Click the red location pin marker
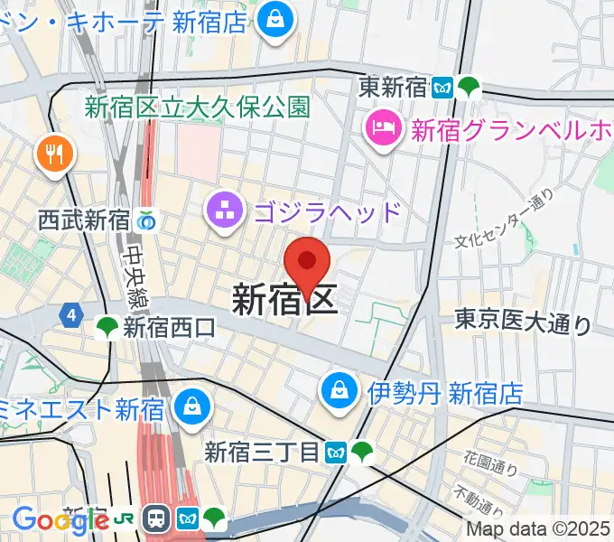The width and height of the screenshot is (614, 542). tap(307, 265)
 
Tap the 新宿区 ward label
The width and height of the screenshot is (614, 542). tap(285, 299)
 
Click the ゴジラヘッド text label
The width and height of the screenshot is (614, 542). tap(327, 213)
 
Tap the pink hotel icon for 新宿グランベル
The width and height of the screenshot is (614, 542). tap(383, 128)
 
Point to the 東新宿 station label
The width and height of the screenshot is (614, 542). tap(393, 88)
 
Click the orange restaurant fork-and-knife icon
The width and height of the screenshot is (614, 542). tap(51, 154)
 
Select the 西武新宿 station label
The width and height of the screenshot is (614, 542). tap(85, 220)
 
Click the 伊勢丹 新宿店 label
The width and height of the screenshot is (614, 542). tap(445, 393)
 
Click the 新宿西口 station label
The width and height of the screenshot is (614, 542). tap(171, 328)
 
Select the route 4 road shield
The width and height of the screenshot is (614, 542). tap(70, 315)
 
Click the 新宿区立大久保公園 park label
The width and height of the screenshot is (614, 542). tap(198, 107)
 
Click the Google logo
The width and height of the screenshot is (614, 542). tap(60, 519)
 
